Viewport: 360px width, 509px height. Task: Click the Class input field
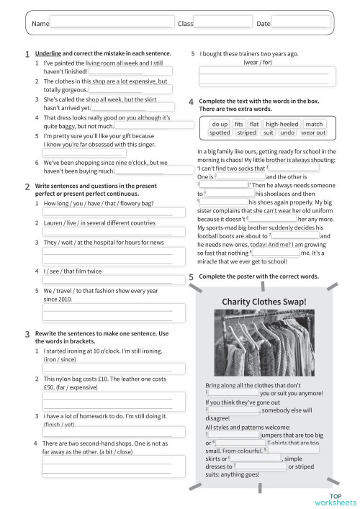pos(222,24)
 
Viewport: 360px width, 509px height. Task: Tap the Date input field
pos(301,24)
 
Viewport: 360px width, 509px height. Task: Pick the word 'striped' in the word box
pos(246,132)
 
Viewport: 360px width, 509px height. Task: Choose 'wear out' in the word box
pos(313,132)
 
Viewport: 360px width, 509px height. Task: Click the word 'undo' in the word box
pos(287,132)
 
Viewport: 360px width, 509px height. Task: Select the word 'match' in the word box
pos(314,124)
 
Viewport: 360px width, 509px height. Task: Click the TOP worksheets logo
pos(340,497)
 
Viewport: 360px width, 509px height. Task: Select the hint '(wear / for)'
pos(258,63)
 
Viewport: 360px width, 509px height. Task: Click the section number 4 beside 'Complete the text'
pos(191,102)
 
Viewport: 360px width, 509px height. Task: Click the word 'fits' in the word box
pos(239,124)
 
